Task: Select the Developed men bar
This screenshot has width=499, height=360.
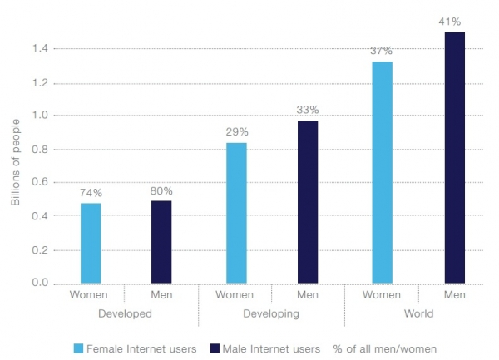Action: pos(162,242)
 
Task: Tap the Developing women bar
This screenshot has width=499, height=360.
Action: pos(235,213)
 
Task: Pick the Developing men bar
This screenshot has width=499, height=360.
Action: pos(308,202)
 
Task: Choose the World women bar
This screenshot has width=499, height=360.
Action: pos(382,172)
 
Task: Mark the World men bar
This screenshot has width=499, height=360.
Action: pos(454,158)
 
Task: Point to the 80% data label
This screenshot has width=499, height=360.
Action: pos(162,190)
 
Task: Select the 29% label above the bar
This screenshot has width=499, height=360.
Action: pos(235,132)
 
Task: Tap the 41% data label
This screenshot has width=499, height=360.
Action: pos(454,21)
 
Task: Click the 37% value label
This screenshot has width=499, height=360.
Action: pos(382,51)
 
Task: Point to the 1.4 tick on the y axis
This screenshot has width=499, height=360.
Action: pos(39,50)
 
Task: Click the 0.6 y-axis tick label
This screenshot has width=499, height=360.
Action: pos(39,183)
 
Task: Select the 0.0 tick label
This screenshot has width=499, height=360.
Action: pos(39,284)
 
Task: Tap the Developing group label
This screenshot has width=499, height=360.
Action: pos(271,313)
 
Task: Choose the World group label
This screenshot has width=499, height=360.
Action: pos(417,313)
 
